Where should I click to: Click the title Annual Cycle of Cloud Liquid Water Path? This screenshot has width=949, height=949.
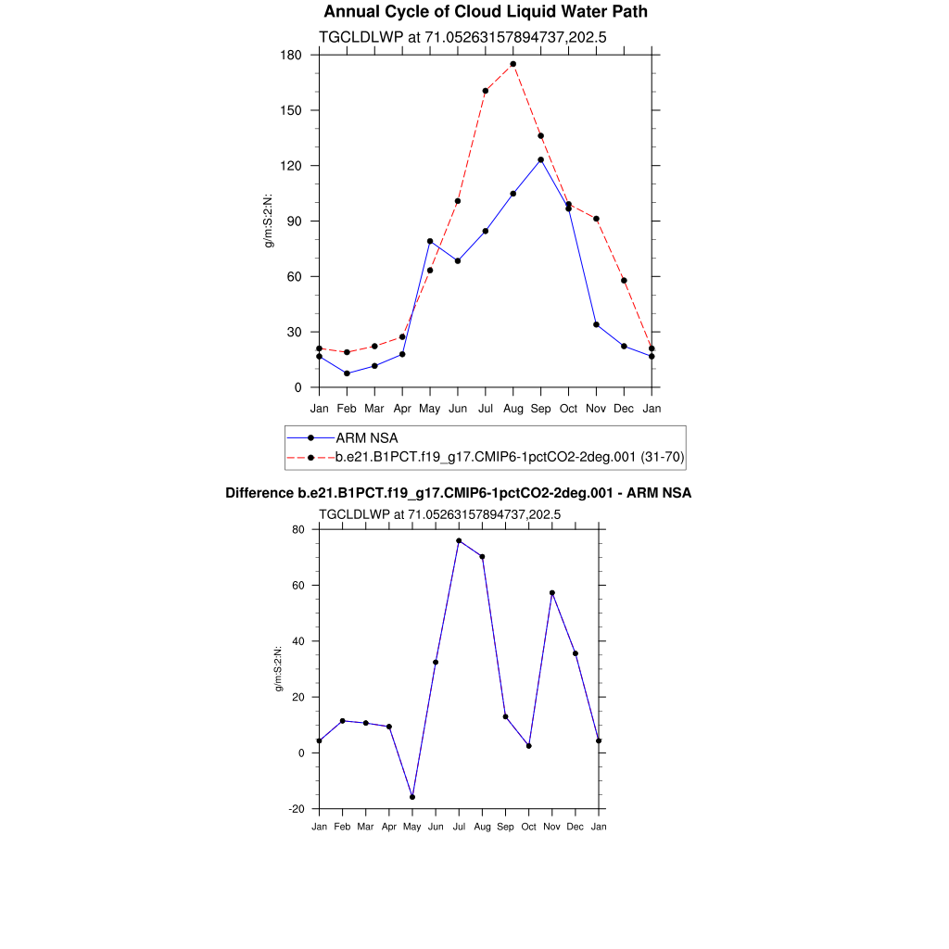point(486,12)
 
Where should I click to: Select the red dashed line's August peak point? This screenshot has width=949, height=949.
point(512,64)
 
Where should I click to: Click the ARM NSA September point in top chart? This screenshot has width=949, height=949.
point(540,159)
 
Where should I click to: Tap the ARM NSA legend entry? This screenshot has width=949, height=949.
point(367,437)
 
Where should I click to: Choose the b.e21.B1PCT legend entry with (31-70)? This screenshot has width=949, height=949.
point(509,457)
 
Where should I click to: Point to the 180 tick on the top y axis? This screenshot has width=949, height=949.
point(292,55)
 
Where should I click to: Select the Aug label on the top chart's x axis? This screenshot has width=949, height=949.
point(512,408)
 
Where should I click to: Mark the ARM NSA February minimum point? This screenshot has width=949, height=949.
point(347,373)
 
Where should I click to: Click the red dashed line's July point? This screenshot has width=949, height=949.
point(485,91)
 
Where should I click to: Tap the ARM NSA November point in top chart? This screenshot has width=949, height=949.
point(596,324)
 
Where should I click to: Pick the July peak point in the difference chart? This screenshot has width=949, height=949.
point(459,540)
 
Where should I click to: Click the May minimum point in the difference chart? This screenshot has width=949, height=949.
point(412,797)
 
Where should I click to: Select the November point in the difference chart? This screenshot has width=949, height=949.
point(552,593)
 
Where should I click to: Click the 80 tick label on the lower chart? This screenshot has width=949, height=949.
point(298,530)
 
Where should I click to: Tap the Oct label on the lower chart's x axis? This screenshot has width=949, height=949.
point(528,826)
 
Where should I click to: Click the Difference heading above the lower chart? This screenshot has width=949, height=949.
point(458,493)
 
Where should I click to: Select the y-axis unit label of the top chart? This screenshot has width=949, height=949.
point(270,221)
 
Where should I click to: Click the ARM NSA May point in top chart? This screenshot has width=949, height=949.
point(430,241)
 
